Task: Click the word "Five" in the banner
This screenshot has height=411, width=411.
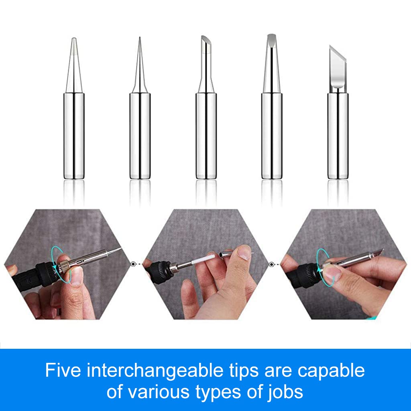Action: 63,370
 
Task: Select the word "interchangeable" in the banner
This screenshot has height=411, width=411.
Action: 155,370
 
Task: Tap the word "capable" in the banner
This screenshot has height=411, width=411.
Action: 331,370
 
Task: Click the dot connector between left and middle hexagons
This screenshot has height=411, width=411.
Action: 133,264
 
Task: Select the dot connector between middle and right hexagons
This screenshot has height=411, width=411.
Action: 271,264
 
